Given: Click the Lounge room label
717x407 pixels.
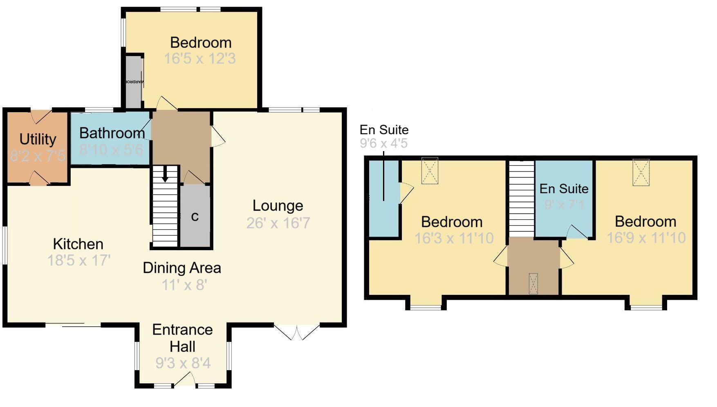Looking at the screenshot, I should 278,206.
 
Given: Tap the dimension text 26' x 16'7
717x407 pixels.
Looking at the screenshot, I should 278,223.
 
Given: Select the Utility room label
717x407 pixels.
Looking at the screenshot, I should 38,139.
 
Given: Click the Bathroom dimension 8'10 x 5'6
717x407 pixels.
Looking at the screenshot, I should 111,150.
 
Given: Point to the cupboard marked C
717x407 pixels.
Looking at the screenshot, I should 195,217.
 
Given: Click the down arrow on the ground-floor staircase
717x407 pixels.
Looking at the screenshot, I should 165,175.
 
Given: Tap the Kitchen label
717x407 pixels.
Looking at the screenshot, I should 78,244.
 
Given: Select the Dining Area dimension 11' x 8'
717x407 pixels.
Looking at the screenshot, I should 184,285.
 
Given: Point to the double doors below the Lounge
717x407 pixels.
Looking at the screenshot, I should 297,332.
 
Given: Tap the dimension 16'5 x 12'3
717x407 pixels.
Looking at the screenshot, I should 200,59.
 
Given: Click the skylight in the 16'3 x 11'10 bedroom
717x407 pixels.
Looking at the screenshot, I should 430,171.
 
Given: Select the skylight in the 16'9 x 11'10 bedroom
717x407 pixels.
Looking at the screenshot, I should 641,172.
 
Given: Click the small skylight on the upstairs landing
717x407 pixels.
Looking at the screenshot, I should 533,283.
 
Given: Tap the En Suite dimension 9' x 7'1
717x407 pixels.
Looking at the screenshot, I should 564,204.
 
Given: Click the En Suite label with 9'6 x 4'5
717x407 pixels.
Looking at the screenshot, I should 384,130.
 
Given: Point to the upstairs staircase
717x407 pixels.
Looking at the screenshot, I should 521,199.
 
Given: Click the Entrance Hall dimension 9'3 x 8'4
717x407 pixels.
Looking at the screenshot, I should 183,363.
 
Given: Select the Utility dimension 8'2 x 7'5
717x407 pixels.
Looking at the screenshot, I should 37,156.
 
